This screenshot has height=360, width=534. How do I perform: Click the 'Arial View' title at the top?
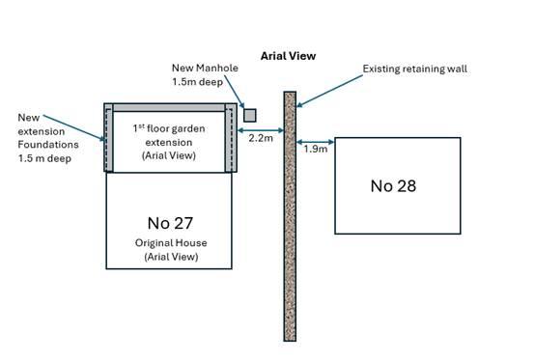288,56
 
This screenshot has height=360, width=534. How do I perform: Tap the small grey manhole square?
250,116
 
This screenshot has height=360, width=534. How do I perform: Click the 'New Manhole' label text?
205,68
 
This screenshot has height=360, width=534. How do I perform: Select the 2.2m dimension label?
261,138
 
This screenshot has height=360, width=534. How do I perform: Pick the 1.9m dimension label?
316,149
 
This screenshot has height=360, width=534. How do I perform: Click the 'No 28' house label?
393,186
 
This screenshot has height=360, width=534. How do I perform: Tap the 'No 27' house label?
170,223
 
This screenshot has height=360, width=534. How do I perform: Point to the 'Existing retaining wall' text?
415,69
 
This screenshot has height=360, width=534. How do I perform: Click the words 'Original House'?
171,243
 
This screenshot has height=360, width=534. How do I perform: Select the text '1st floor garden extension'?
169,135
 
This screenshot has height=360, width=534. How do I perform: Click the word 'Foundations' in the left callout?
48,145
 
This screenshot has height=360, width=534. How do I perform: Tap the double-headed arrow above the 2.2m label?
261,130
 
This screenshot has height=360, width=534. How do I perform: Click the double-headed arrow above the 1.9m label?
316,142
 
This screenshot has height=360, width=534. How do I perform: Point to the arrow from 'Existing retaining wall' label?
329,91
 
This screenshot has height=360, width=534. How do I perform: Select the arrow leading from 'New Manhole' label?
235,92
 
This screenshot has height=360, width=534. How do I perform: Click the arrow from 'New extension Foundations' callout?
74,128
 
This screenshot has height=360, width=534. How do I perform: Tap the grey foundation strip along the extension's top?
169,107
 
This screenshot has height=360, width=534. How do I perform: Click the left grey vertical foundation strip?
109,138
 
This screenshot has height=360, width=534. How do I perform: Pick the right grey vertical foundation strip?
231,138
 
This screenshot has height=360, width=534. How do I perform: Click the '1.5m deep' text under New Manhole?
198,82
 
